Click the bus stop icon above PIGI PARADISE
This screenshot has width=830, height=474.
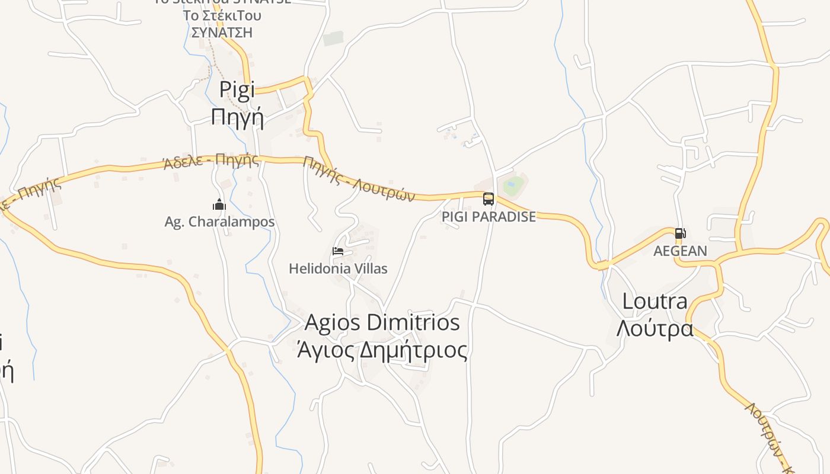[x=489, y=199]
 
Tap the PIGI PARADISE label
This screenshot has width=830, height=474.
[x=489, y=217]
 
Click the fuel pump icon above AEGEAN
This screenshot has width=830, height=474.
[x=680, y=233]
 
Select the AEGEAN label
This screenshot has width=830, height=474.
[x=680, y=251]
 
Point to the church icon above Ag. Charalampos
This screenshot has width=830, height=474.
[x=219, y=205]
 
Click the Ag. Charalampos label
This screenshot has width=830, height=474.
[x=219, y=222]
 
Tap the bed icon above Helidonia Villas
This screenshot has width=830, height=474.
[x=338, y=251]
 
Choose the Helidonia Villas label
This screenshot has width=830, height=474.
[x=338, y=269]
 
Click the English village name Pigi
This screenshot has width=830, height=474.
[x=237, y=90]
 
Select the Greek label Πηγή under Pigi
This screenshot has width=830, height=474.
[x=237, y=117]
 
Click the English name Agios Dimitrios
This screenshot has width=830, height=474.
[x=382, y=323]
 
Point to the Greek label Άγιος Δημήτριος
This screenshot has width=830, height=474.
[x=382, y=350]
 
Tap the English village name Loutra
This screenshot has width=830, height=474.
[x=655, y=302]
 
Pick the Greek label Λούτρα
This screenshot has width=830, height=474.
[x=655, y=328]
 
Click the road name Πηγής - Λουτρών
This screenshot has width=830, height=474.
[x=359, y=179]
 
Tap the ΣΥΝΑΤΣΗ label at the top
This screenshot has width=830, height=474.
[x=222, y=32]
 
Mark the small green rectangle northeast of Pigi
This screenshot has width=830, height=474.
[x=333, y=39]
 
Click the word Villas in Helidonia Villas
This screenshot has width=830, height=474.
[x=368, y=269]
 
